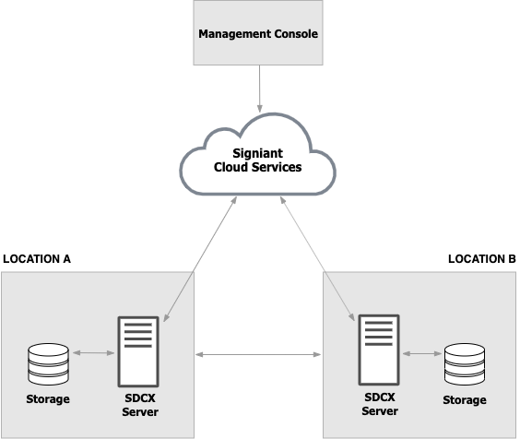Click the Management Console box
coord(258,32)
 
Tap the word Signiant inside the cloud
coord(257,153)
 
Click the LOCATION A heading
coord(37,259)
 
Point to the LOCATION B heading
coord(482,259)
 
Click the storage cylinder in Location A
coord(49,364)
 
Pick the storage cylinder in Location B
coord(465,364)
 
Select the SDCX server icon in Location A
coord(138,351)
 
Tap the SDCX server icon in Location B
coord(379,350)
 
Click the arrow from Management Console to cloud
coord(260,89)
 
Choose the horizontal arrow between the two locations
coord(258,355)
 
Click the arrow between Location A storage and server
coord(93,353)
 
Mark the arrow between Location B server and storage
coord(422,354)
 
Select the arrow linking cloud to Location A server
coord(200,259)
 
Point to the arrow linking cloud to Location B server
coord(317,259)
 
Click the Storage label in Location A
coord(48,398)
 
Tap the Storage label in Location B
coord(465,400)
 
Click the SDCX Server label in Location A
coord(140,405)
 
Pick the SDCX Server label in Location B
coord(380,404)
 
